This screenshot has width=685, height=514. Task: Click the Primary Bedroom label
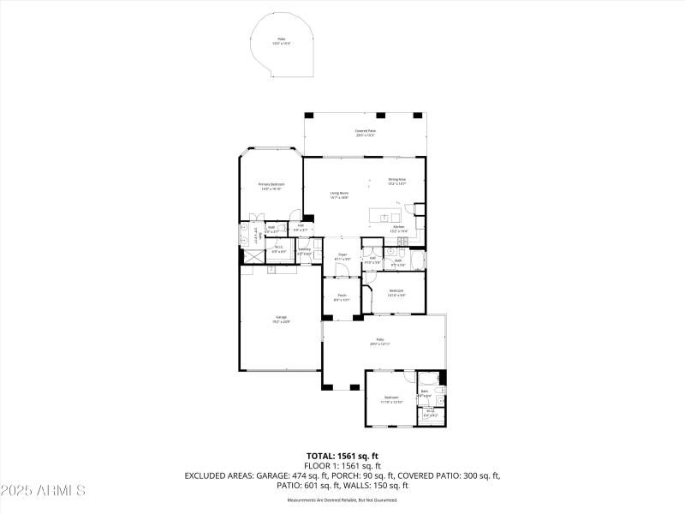click(271, 186)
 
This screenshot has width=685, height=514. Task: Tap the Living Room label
click(339, 195)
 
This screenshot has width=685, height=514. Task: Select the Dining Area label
click(396, 181)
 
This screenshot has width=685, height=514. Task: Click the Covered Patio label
click(366, 133)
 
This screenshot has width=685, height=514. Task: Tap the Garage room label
click(282, 320)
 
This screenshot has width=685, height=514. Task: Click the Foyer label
click(342, 256)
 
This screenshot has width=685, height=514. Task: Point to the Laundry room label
click(304, 250)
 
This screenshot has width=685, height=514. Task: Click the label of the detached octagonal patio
click(281, 41)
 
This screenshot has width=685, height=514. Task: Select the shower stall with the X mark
click(254, 254)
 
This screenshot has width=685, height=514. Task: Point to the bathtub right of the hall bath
click(417, 260)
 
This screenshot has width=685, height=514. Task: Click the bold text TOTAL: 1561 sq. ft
click(342, 456)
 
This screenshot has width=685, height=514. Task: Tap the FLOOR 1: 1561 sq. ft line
click(342, 465)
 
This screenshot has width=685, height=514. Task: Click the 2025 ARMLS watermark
click(43, 491)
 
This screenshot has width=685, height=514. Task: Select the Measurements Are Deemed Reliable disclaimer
click(342, 499)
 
